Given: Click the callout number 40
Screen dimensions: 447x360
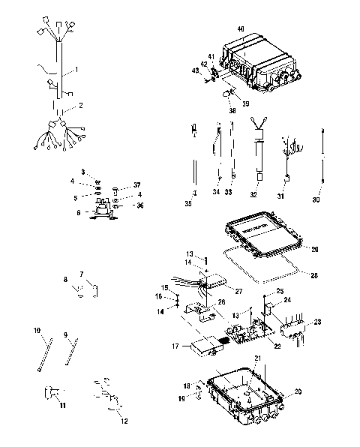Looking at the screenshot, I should [x=241, y=28].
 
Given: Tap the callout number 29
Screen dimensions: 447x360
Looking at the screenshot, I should [x=315, y=249].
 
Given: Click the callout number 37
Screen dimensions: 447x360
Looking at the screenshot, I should [x=136, y=185].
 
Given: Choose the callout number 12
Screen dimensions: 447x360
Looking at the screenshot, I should [x=124, y=421].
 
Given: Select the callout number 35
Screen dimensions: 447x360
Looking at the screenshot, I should [x=188, y=203].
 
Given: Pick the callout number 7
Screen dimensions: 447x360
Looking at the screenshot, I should [x=81, y=274].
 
